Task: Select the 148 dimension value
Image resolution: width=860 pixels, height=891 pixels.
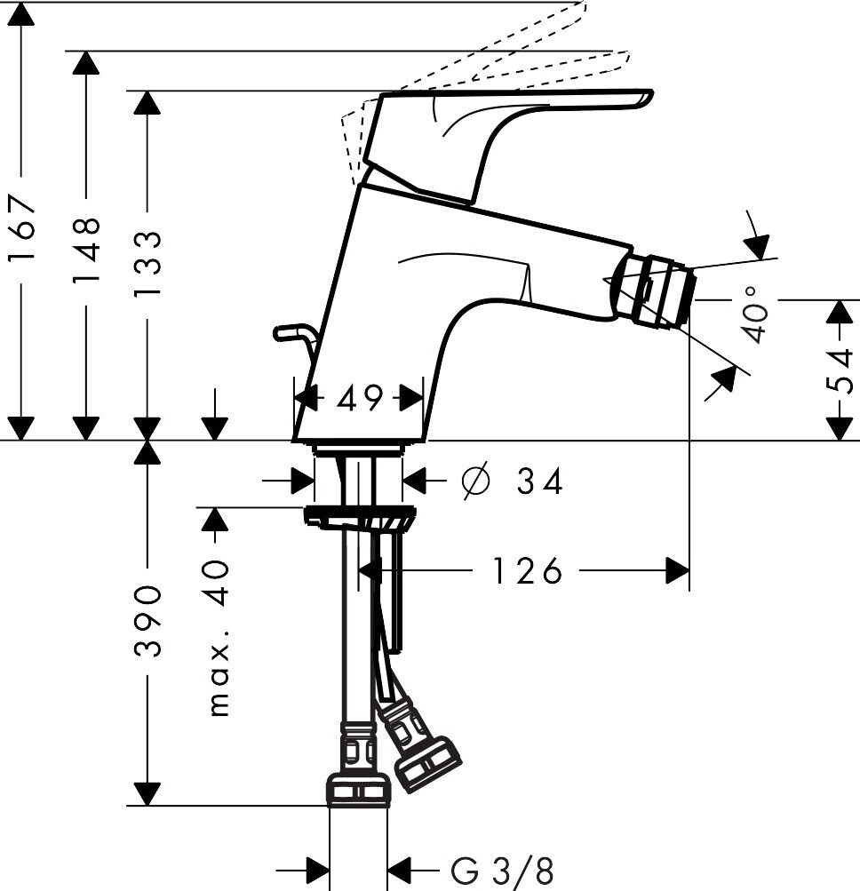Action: tap(86, 250)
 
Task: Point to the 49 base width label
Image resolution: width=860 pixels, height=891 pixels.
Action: tap(359, 398)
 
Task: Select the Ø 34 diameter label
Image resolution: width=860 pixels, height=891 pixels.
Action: tap(514, 481)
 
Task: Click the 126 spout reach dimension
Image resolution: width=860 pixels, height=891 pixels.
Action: tap(528, 571)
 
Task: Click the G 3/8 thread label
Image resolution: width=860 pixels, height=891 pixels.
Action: tap(501, 867)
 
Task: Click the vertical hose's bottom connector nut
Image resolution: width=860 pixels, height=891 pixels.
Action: tap(358, 789)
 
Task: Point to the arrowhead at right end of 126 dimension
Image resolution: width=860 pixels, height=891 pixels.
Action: tap(678, 571)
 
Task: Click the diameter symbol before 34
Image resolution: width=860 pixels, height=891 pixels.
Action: tap(475, 481)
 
